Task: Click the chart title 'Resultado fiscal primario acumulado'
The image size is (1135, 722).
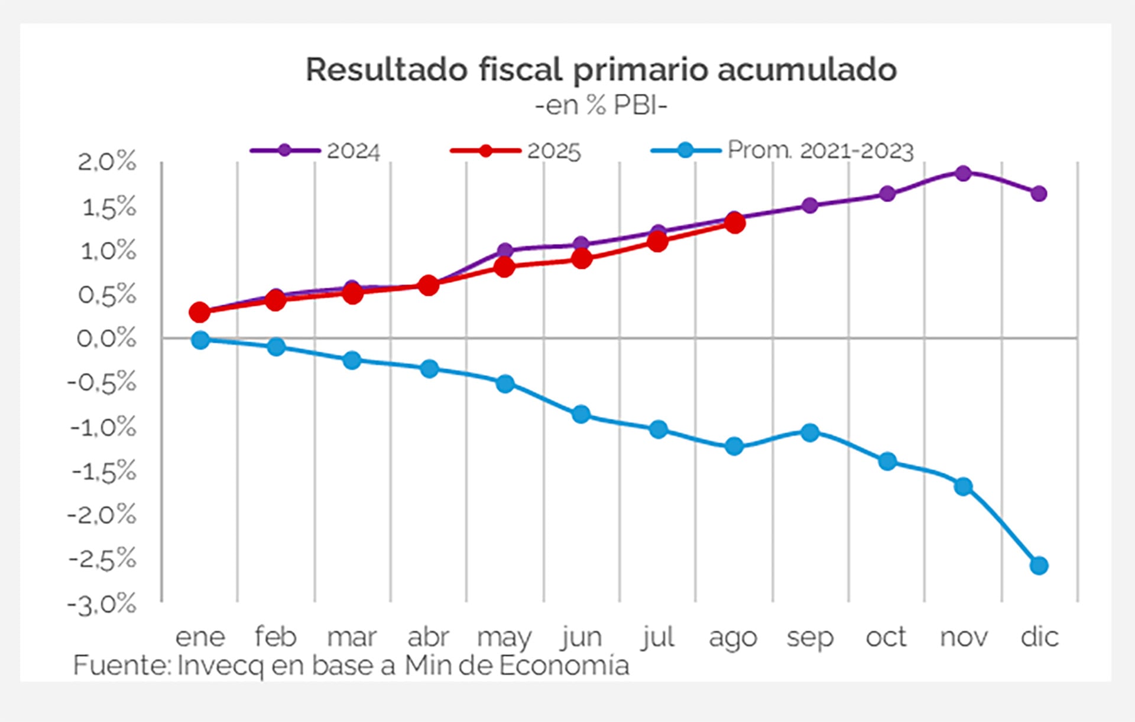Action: [x=601, y=70]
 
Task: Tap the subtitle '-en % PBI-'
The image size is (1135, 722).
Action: [x=601, y=106]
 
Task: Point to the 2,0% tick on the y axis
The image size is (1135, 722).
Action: [x=107, y=161]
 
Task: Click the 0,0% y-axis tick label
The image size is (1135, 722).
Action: [x=107, y=339]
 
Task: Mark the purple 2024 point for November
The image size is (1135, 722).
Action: [x=963, y=174]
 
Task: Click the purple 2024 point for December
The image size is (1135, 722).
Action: [x=1039, y=194]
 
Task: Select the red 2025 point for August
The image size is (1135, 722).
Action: [x=734, y=223]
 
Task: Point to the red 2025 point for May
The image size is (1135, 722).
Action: [x=504, y=268]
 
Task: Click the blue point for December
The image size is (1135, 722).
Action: [x=1039, y=565]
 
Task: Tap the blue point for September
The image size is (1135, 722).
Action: [x=810, y=432]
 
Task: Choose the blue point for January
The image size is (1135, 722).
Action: [x=200, y=340]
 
